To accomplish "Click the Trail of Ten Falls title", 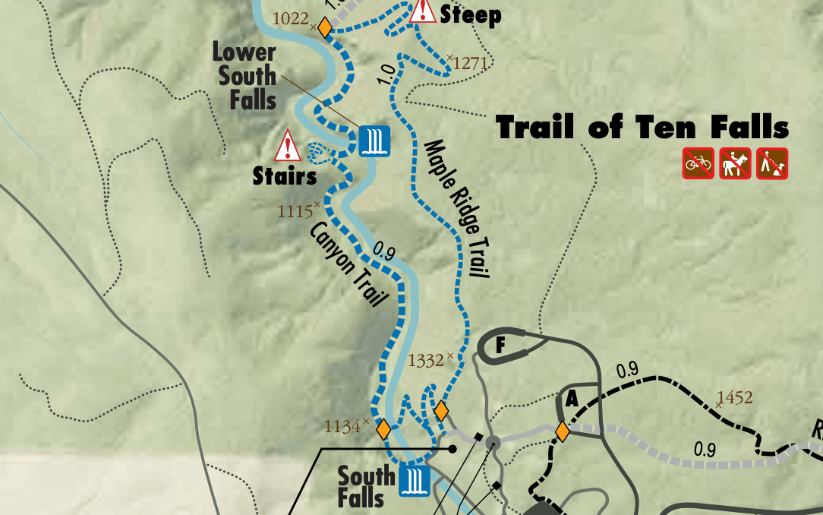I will [642, 127].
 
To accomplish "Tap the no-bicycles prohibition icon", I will [698, 163].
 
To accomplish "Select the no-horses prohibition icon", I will [735, 163].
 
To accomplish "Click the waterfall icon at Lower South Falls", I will [374, 141].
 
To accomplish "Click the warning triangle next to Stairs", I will [288, 147].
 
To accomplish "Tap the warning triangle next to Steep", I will [422, 11].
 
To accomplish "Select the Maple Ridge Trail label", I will [456, 209].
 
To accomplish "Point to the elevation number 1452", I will [734, 397].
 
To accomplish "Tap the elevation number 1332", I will [426, 360].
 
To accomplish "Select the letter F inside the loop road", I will [500, 346].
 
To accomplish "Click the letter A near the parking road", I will [572, 399].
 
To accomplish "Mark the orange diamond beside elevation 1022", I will [325, 27].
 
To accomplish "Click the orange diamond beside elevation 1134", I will [383, 429].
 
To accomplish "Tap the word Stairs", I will [285, 177].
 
